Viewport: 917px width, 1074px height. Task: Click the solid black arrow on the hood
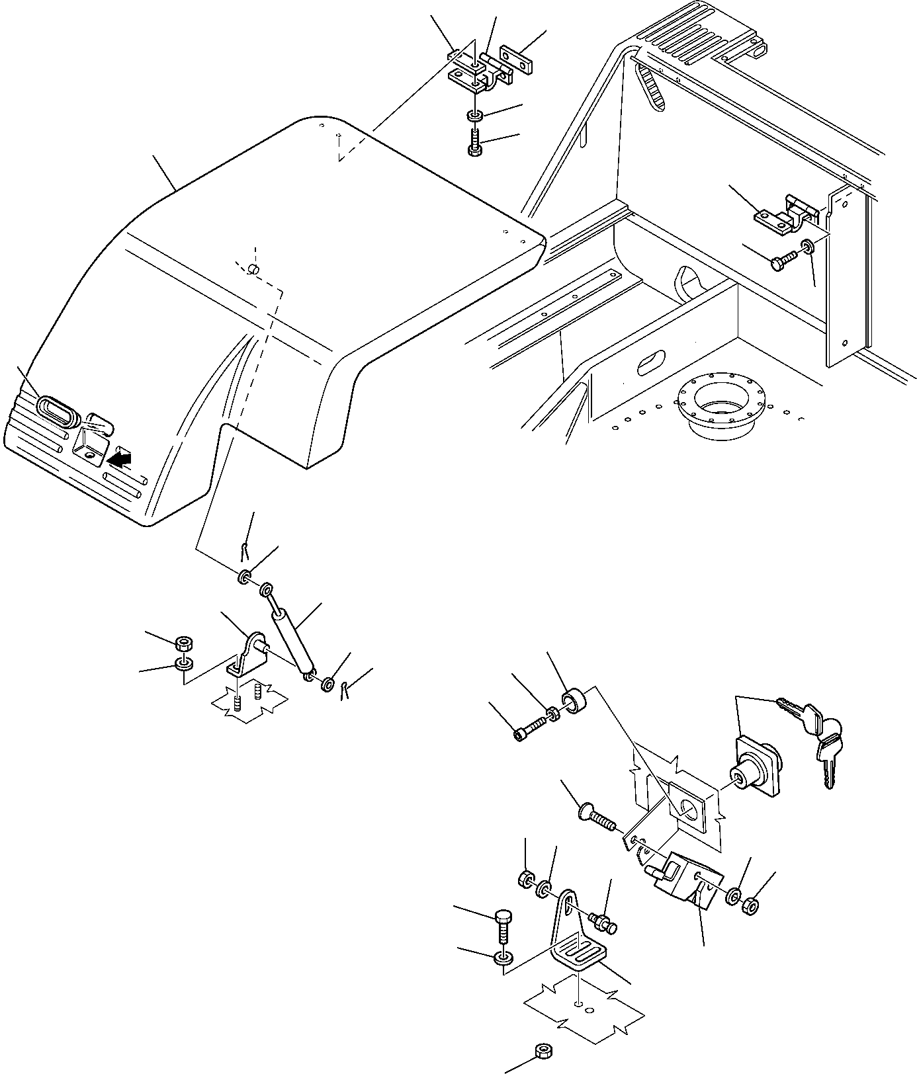coord(120,458)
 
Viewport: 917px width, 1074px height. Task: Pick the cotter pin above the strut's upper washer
coord(245,549)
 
